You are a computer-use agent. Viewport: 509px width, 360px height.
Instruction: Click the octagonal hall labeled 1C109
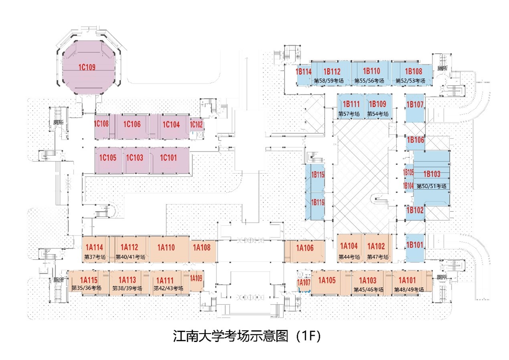coord(87,67)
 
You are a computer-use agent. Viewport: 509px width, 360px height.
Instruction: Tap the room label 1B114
coord(303,72)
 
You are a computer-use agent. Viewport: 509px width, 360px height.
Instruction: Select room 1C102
coord(196,125)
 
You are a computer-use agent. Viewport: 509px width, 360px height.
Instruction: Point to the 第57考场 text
coord(349,114)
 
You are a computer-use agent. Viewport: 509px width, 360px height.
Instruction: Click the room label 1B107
coord(415,105)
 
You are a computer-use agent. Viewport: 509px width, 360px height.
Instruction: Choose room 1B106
coord(415,140)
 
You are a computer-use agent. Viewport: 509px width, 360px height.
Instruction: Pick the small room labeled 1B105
coord(408,172)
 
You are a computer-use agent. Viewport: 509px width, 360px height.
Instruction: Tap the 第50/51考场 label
coord(431,186)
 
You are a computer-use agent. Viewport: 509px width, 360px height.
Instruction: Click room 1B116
coord(317,202)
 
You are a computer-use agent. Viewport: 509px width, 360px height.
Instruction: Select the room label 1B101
coord(415,245)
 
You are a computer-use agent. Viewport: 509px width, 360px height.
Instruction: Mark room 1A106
coord(305,248)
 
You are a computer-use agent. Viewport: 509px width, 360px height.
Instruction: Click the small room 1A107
coord(303,283)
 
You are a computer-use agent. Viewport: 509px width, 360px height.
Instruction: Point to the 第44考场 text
coord(349,257)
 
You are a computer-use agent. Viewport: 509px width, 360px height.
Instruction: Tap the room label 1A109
coord(196,278)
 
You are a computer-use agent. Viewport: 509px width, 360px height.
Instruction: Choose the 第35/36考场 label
coord(86,288)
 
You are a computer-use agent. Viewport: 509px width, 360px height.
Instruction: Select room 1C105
coord(108,158)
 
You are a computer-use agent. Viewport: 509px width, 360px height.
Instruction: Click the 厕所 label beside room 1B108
coord(442,69)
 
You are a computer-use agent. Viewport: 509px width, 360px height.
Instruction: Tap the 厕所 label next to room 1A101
coord(442,277)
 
